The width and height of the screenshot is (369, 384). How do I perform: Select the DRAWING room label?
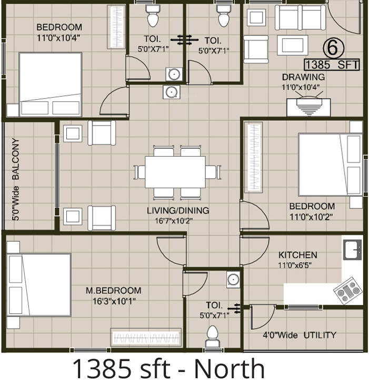click(x=303, y=77)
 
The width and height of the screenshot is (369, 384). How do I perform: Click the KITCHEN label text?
click(x=297, y=255)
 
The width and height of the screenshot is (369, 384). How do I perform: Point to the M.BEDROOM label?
click(x=113, y=291)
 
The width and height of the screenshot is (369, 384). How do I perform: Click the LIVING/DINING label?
click(x=177, y=210)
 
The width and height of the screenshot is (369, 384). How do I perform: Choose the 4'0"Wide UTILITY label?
click(x=299, y=335)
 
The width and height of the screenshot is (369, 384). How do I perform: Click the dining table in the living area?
click(x=175, y=171)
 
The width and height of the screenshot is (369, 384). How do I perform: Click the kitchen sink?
click(x=352, y=249)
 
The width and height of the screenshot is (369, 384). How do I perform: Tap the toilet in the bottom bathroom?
click(x=213, y=335)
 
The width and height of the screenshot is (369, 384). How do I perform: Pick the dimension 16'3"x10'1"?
click(x=113, y=302)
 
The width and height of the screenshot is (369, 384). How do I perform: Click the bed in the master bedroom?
click(x=39, y=285)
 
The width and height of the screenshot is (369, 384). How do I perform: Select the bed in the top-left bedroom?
click(x=50, y=84)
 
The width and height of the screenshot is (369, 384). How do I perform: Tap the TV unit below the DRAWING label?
click(x=308, y=107)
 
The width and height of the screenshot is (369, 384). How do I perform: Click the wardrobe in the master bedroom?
click(x=145, y=337)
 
